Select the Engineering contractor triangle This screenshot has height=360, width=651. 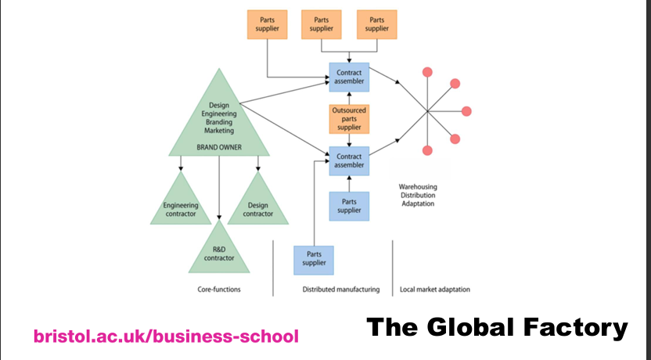coord(181,205)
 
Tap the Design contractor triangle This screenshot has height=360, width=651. coord(258,205)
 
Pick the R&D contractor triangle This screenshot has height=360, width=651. coord(220,251)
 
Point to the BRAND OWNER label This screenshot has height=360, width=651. coord(220,146)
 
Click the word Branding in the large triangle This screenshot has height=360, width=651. coord(220,122)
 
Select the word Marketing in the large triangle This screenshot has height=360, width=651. coord(220,131)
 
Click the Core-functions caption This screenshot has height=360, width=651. coord(219,290)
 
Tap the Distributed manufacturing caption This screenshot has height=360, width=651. coord(341,290)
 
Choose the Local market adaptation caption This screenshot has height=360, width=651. coord(435,290)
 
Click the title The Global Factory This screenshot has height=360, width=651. coord(497,327)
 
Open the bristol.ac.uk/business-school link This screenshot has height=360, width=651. coord(166,337)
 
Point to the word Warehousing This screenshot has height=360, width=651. coord(423,187)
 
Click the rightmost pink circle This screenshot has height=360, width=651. coord(467,111)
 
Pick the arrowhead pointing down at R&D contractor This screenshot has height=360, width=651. coord(220,218)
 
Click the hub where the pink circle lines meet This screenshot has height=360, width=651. coord(428,111)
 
